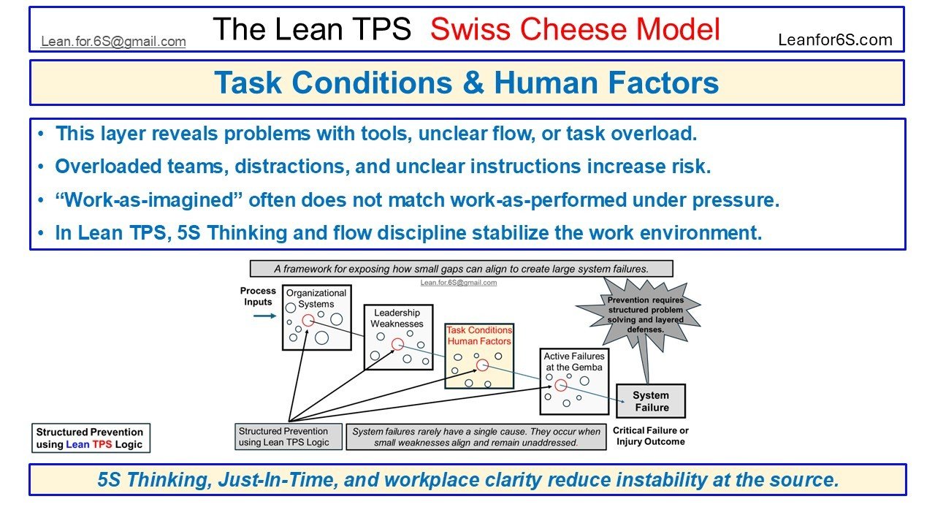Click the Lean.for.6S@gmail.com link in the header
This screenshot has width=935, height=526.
113,42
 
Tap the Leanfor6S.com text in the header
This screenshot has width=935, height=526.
835,40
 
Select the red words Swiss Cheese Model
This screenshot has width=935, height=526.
575,29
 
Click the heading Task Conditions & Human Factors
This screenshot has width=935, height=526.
466,83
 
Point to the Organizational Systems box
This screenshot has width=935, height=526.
316,317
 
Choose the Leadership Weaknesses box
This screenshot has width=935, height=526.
397,337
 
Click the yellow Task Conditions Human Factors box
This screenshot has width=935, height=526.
479,356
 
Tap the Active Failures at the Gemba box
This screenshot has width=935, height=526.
573,381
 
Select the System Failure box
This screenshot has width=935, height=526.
651,402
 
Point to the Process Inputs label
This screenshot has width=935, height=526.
257,297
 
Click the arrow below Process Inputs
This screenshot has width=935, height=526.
264,316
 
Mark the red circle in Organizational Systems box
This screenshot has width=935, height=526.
308,320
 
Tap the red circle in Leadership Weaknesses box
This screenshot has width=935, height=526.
397,344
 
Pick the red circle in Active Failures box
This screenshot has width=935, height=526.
560,386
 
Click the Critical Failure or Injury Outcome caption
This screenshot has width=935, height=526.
650,436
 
